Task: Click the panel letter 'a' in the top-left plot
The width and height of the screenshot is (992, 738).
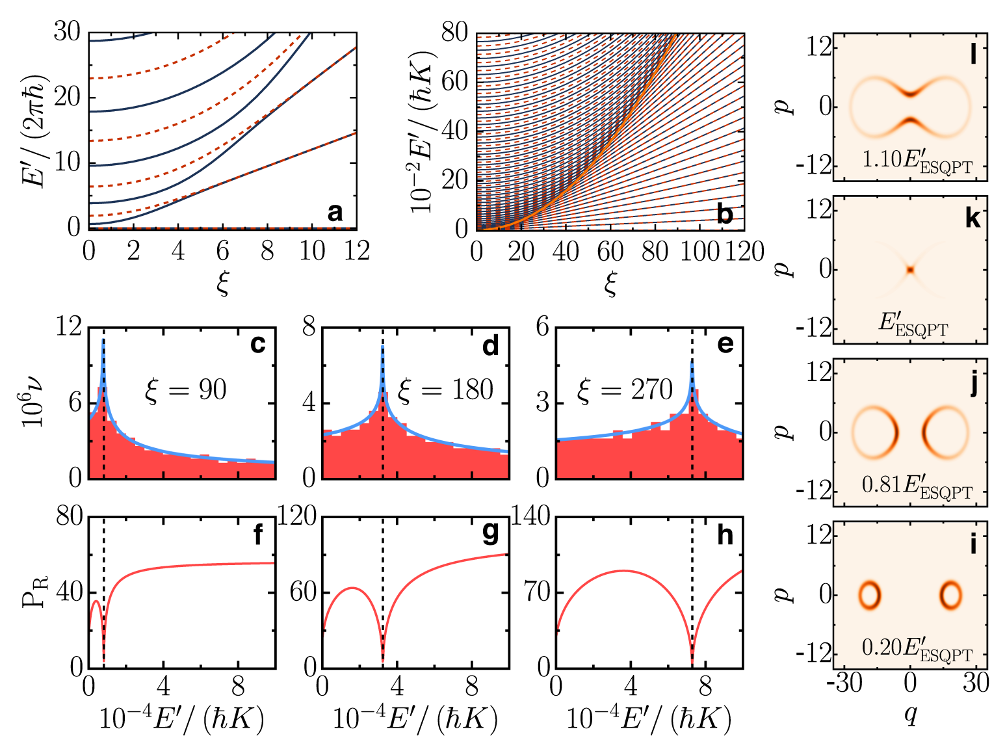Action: (x=335, y=212)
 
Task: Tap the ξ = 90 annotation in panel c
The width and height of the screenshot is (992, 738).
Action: (x=185, y=390)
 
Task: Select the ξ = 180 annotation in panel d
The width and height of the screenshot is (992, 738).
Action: (x=445, y=390)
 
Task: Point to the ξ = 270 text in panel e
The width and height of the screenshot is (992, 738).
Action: (x=625, y=390)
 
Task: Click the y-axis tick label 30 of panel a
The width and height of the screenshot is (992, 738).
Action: (x=66, y=31)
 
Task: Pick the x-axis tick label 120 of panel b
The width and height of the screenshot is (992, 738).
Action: (x=744, y=252)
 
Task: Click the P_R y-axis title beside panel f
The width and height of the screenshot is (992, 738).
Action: (x=36, y=592)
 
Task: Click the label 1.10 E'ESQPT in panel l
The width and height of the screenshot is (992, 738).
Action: (x=917, y=161)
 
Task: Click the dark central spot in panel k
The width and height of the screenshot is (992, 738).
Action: (x=911, y=269)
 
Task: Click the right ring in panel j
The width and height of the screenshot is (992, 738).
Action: (x=945, y=432)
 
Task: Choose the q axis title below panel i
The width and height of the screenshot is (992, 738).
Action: (x=911, y=715)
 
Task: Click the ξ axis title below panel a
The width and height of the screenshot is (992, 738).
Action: (x=223, y=283)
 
